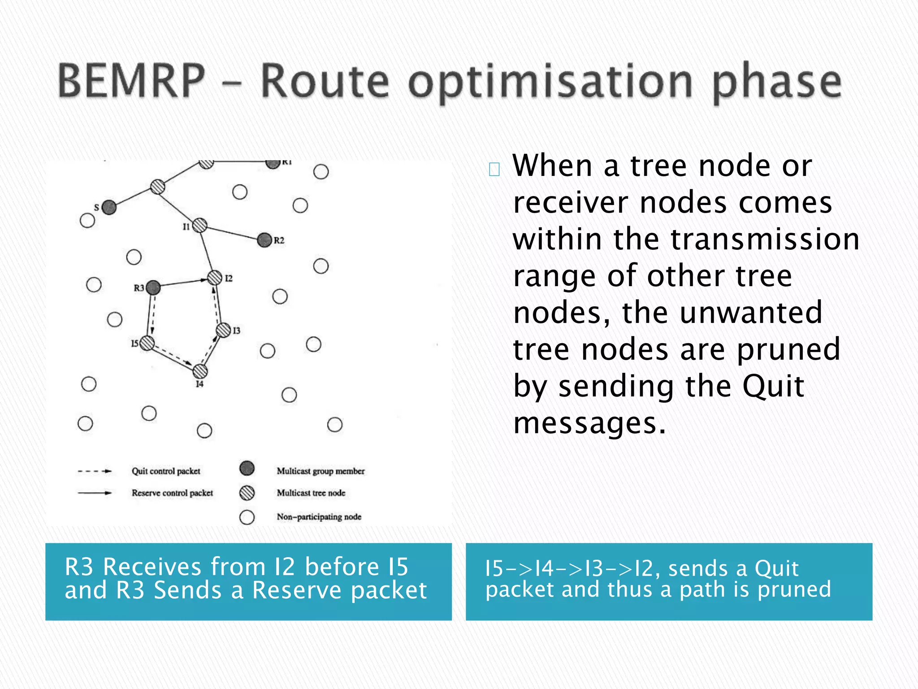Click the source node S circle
[x=109, y=207]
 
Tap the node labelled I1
[x=199, y=225]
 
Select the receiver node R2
[x=264, y=240]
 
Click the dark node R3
[x=153, y=288]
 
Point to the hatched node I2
[x=215, y=278]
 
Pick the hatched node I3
[x=223, y=330]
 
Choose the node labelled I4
[x=200, y=371]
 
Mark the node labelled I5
[x=147, y=344]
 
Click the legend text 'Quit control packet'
[x=166, y=471]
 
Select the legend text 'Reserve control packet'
[x=172, y=493]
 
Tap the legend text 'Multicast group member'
[x=320, y=471]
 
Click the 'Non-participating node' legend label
[x=319, y=517]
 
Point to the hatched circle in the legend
[x=247, y=493]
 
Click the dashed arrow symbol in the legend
[x=95, y=471]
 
